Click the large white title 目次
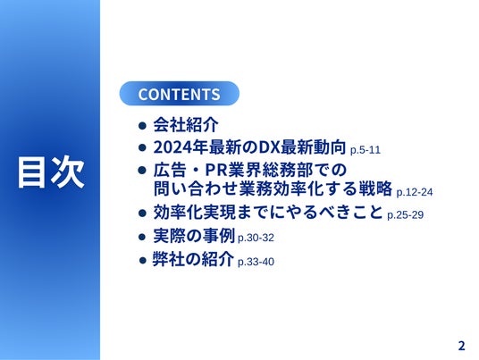tap(51, 172)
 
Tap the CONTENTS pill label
tap(179, 94)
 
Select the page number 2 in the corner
tap(461, 346)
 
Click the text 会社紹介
tap(186, 124)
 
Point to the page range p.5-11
tap(366, 150)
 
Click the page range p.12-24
tap(415, 192)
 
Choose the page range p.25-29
tap(405, 215)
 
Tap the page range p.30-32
tap(256, 238)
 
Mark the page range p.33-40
tap(256, 262)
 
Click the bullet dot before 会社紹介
tap(142, 125)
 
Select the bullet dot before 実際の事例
tap(142, 237)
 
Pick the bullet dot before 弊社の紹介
tap(143, 261)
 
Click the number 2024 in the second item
tap(172, 147)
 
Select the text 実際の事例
tap(194, 236)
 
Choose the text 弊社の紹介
tap(193, 259)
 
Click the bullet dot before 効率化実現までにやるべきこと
tap(142, 213)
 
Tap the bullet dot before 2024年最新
tap(142, 147)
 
